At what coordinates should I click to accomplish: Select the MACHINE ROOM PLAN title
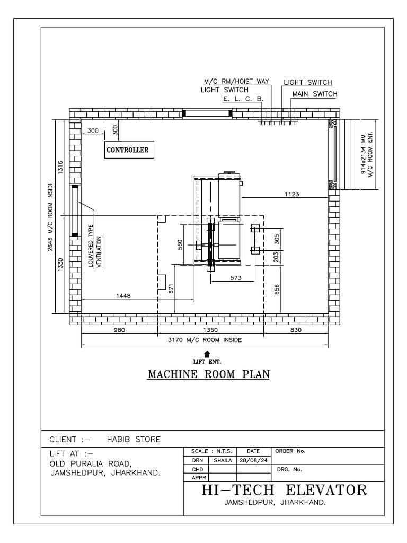208,374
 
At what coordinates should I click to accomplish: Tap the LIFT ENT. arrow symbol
207,354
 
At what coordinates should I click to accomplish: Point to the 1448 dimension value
123,296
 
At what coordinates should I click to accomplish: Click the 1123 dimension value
291,194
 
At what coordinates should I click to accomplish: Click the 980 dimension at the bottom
119,330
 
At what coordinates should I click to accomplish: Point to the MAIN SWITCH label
315,94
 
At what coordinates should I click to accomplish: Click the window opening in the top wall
208,112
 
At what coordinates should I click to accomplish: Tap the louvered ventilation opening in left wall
74,211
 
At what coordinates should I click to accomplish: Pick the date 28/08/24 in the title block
255,460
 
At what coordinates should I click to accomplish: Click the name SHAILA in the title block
224,460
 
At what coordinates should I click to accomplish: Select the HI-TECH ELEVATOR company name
284,489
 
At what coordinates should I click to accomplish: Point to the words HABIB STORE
134,439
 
